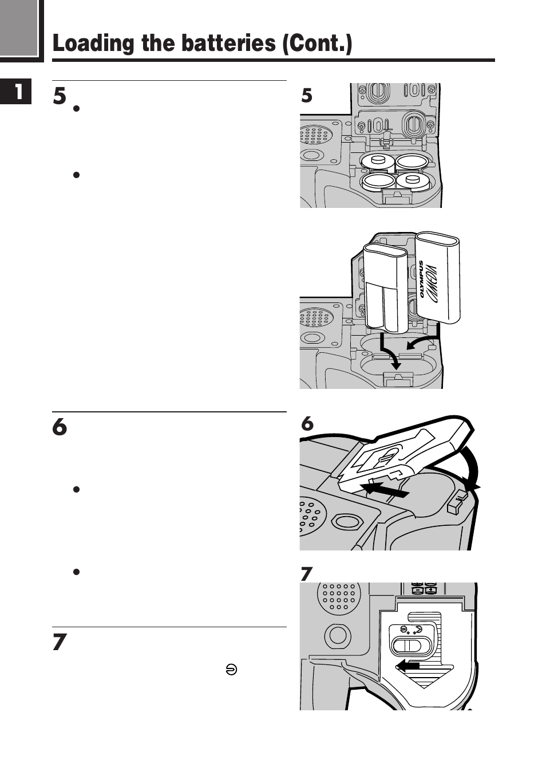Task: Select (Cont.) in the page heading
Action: point(316,44)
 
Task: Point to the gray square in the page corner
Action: point(19,27)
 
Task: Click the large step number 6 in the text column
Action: point(60,427)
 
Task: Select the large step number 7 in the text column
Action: point(60,642)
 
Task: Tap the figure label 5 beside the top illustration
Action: point(307,95)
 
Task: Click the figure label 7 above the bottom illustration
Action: point(307,573)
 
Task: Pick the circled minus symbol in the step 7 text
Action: point(231,670)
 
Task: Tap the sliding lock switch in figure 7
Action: point(407,646)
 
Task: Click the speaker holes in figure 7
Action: point(338,596)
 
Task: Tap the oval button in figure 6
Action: point(347,521)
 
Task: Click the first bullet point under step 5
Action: point(76,108)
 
